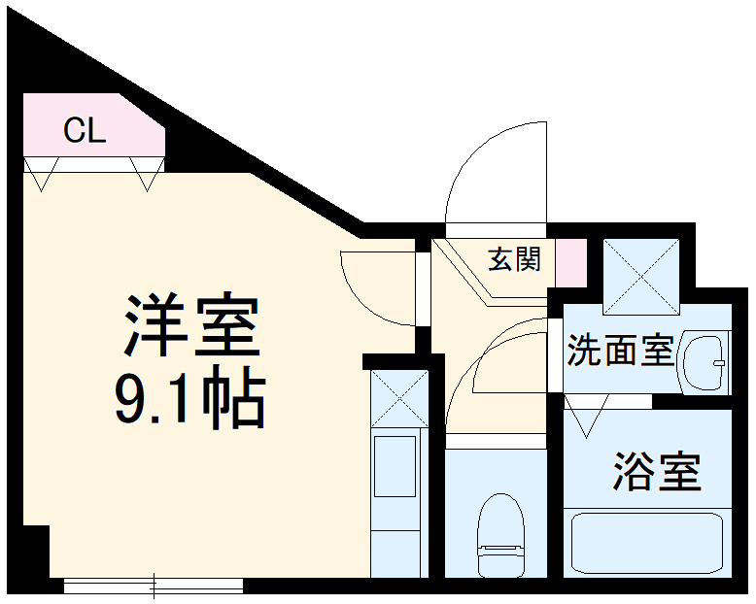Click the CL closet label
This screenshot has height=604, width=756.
85,131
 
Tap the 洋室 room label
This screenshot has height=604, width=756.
190,325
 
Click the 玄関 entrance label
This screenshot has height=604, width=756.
514,259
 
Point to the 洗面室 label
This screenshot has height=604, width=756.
620,351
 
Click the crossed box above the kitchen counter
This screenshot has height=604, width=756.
399,398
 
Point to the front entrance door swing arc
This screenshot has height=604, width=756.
496,175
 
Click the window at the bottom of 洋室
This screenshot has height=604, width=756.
153,586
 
